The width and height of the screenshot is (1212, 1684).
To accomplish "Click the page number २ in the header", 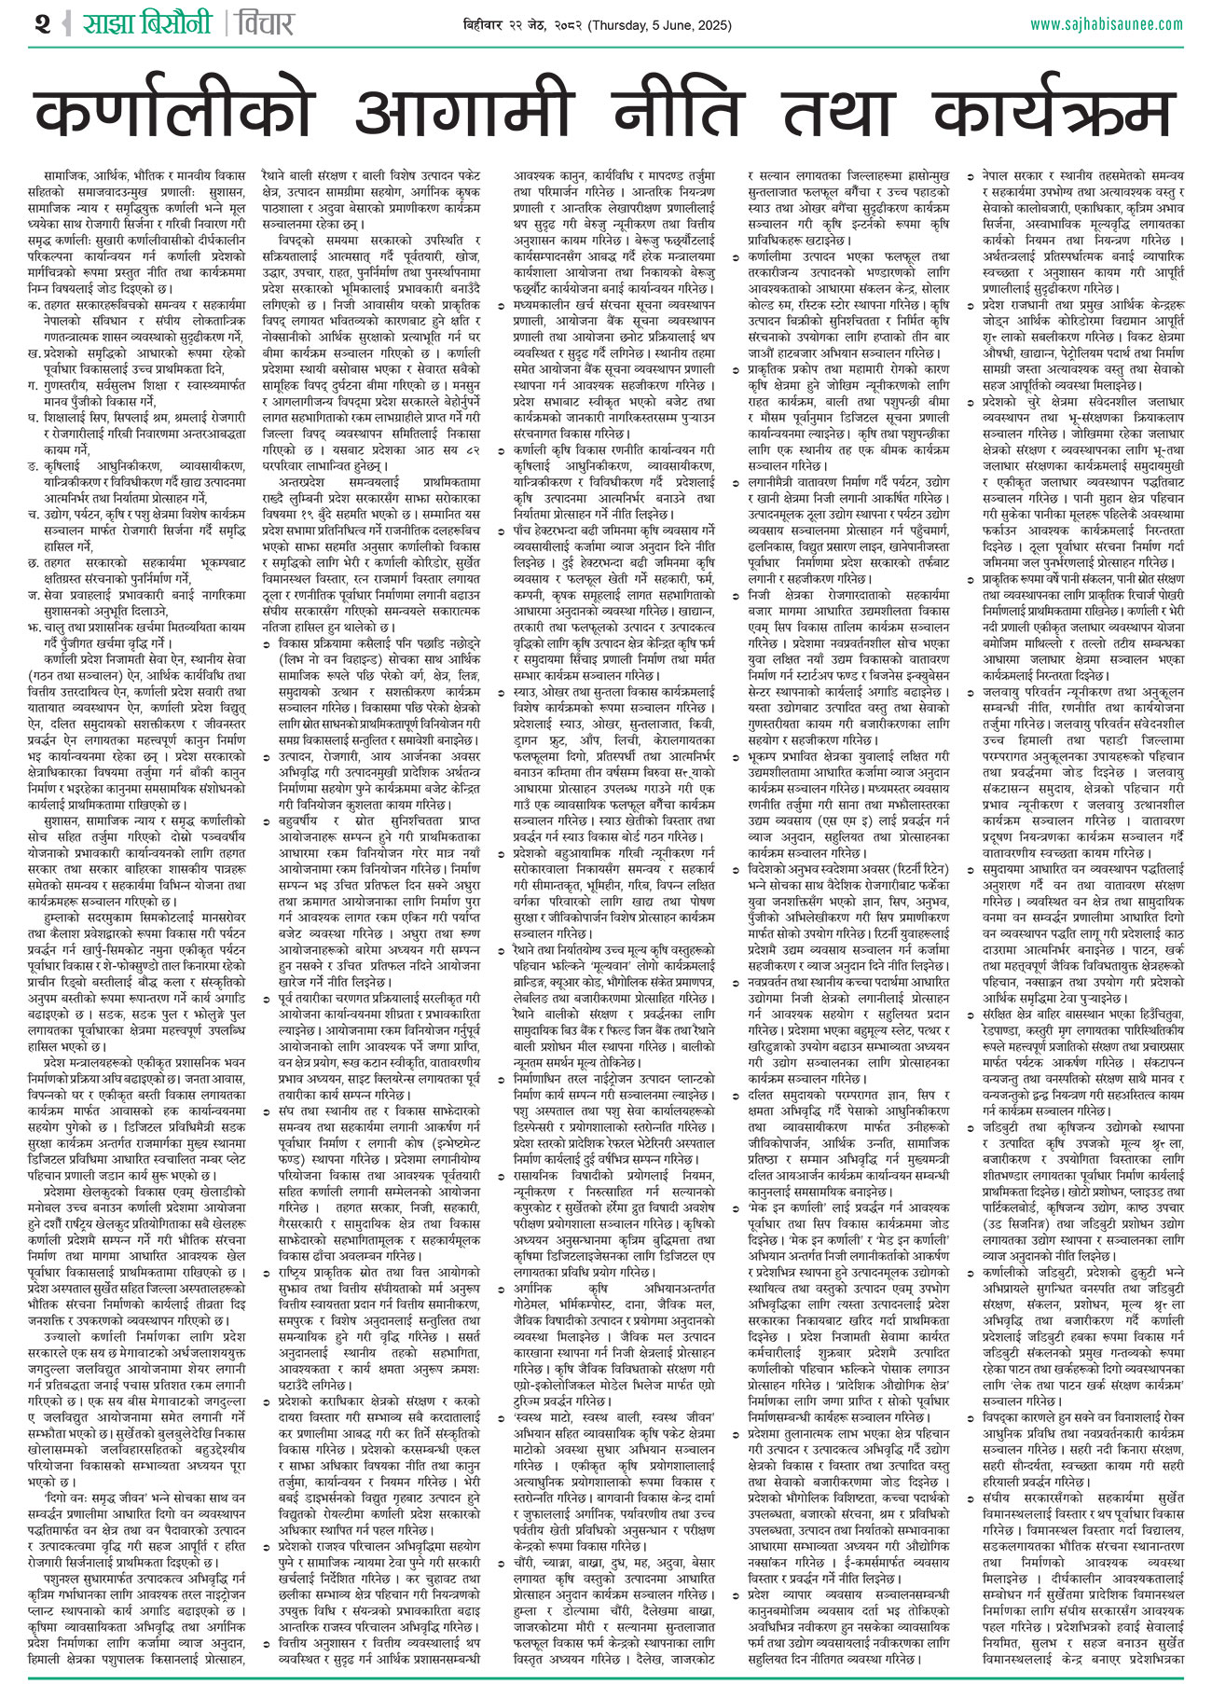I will pyautogui.click(x=42, y=23).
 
